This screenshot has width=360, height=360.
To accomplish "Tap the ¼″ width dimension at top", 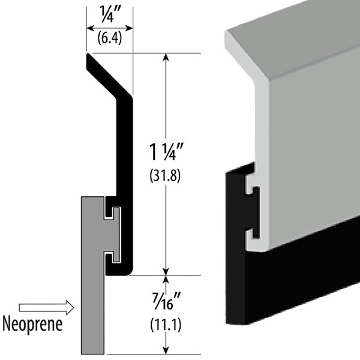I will coord(110,13).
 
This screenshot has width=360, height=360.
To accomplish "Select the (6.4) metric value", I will coord(110,40).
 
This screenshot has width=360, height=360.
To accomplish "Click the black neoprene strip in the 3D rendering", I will coord(288,294).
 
